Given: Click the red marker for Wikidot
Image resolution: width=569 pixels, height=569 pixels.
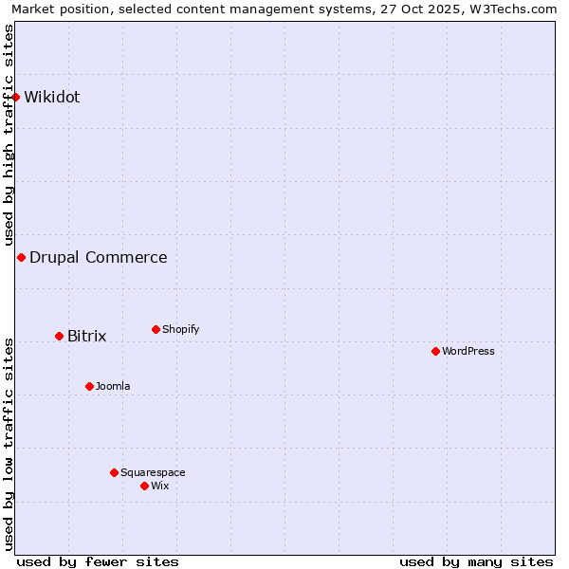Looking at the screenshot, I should tap(16, 97).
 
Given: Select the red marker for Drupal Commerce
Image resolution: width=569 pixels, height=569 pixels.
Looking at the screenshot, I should tap(21, 257).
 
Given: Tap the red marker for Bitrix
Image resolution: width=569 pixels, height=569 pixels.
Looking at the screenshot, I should tap(59, 336).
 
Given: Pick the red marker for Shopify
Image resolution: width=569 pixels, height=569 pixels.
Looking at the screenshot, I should tap(156, 329).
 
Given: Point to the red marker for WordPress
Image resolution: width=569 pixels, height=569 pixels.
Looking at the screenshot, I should tap(435, 351).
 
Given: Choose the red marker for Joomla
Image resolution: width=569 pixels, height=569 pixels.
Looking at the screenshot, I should tap(89, 386).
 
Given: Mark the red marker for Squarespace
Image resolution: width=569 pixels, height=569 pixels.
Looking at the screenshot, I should tap(114, 472).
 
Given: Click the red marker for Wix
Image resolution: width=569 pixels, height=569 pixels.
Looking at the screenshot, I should tap(144, 486).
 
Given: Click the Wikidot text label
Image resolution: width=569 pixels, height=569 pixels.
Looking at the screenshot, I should tap(52, 97).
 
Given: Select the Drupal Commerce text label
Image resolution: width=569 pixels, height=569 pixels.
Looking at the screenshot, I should tap(99, 257).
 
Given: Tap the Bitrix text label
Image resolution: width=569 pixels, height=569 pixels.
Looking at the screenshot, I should tap(87, 336).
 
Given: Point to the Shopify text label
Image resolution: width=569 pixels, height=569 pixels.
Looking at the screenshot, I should tap(181, 329).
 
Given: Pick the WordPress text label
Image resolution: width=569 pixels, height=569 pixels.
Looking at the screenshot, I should tap(468, 351).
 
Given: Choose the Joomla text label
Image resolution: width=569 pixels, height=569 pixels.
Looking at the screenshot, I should tap(113, 386).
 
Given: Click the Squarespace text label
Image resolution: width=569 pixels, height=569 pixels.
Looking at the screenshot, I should tap(153, 472).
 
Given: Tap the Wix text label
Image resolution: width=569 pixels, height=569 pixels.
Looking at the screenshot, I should tap(160, 486).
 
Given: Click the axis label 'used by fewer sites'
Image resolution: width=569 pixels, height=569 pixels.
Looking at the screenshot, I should tap(98, 561).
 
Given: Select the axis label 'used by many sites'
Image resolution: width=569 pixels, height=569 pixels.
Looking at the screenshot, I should tap(476, 561).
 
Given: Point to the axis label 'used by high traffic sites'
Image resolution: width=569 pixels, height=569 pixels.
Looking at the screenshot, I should tap(9, 134).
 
